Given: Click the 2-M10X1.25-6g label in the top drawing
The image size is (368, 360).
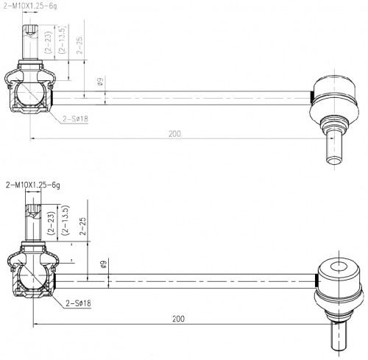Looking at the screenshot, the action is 30,6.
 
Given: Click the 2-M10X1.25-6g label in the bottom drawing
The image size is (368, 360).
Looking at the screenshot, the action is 33,185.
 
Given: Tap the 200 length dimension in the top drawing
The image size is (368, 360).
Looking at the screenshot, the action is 175,134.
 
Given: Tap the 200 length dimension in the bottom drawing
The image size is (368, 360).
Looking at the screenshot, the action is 178,319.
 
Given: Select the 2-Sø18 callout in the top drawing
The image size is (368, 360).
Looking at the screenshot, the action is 75,119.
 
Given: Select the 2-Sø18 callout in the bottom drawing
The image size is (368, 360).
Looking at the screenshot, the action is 78,303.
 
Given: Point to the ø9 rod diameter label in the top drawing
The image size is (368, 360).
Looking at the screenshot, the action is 100,81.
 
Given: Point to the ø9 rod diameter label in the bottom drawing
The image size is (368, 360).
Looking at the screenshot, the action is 104,264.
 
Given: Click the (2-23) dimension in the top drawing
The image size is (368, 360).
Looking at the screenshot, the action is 48,42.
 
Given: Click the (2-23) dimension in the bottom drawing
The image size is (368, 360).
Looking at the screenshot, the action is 52,223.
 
